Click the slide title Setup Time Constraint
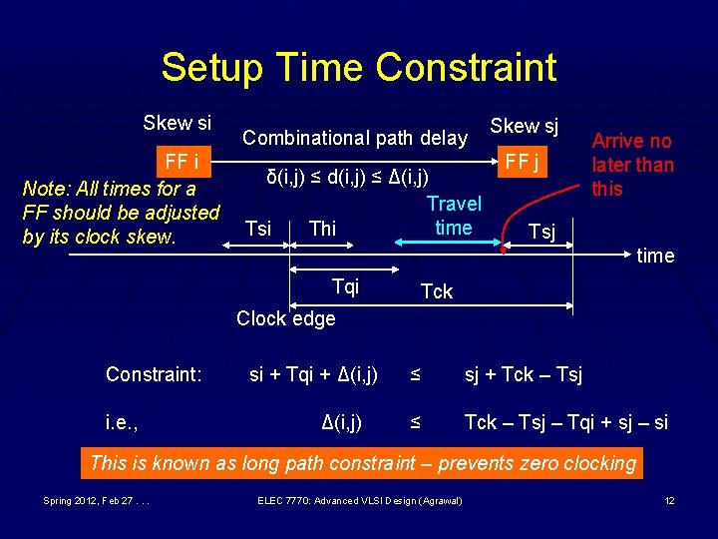(358, 67)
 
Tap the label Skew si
(177, 123)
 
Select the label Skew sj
(524, 125)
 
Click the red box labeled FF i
(181, 162)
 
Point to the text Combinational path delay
(355, 138)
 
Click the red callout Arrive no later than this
(632, 165)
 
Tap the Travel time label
(454, 216)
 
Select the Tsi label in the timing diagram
(257, 229)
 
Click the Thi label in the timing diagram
(322, 229)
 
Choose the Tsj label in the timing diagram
(541, 233)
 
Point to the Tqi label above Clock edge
(345, 287)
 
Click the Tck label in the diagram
(437, 291)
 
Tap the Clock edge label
(285, 318)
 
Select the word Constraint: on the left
(154, 374)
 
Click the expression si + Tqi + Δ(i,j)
(313, 374)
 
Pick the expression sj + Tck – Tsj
(524, 374)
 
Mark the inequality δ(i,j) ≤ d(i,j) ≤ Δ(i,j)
(347, 178)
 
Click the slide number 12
(670, 499)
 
